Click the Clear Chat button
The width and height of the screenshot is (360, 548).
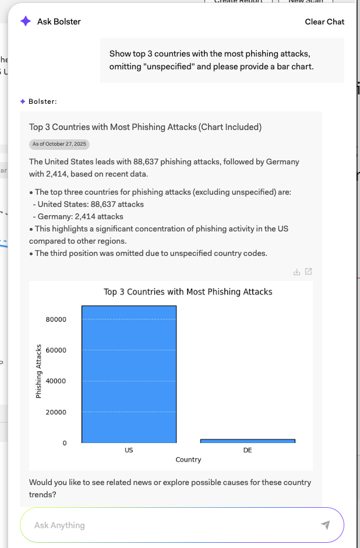(x=324, y=22)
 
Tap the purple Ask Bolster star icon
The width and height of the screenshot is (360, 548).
(x=26, y=22)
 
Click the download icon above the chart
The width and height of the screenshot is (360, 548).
(x=297, y=272)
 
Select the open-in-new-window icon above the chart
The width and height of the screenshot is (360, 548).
(x=308, y=272)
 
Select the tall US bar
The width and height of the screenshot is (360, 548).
(x=129, y=374)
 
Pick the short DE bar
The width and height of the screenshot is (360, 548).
(x=248, y=441)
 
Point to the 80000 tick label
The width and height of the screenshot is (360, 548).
(x=56, y=319)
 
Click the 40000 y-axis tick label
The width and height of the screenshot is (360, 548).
(x=56, y=381)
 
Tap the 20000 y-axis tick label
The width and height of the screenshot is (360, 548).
(x=56, y=412)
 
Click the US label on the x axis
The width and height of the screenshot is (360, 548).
(x=129, y=451)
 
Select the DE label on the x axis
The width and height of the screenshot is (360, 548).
(x=248, y=451)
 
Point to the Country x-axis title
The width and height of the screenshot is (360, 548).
(x=188, y=460)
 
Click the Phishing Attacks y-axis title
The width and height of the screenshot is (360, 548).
(x=39, y=371)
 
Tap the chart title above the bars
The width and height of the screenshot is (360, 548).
(x=188, y=291)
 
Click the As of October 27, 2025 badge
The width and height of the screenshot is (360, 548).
(x=59, y=144)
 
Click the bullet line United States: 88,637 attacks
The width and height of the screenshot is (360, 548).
(x=91, y=204)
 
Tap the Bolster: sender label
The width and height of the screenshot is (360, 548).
(x=43, y=101)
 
